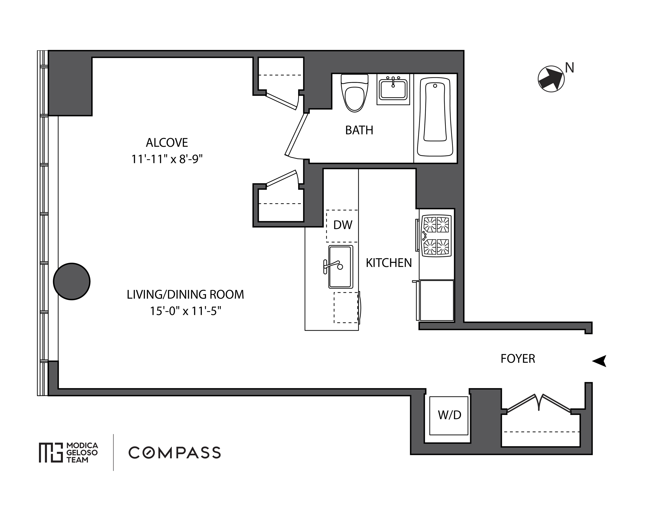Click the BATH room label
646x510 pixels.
click(359, 130)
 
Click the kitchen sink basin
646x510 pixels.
click(340, 267)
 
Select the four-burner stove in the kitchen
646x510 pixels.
click(436, 236)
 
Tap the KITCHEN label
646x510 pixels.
click(389, 263)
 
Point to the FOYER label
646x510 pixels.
click(518, 359)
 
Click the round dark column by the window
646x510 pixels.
click(72, 281)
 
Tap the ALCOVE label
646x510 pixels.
click(167, 143)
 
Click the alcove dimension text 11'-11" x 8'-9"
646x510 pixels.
click(167, 159)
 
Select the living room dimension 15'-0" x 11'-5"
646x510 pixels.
click(185, 311)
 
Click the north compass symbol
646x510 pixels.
click(551, 79)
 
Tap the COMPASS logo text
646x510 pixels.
click(175, 453)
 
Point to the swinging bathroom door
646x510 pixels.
click(296, 135)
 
